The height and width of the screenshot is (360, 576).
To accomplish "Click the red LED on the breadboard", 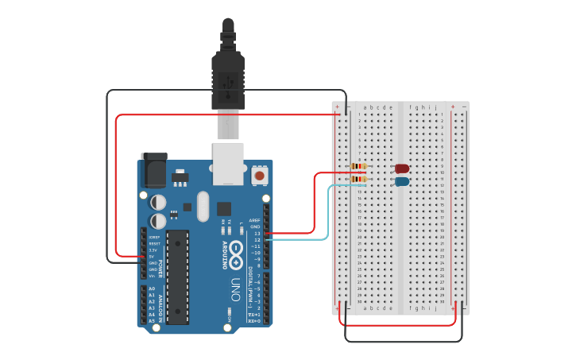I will pyautogui.click(x=402, y=168).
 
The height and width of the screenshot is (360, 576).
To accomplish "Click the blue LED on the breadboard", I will pyautogui.click(x=402, y=181).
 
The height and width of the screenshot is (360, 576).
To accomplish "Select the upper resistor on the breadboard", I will pyautogui.click(x=358, y=166).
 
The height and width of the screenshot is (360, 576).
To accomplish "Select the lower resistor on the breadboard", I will pyautogui.click(x=358, y=179).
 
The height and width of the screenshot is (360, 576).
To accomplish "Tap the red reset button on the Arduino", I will pyautogui.click(x=259, y=175).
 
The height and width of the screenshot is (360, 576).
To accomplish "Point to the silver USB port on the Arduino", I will pyautogui.click(x=228, y=163).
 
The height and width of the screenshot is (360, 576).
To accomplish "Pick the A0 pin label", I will pyautogui.click(x=152, y=288).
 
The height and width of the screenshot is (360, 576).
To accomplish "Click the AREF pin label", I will pyautogui.click(x=254, y=221).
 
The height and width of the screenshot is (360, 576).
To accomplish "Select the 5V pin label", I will pyautogui.click(x=152, y=257).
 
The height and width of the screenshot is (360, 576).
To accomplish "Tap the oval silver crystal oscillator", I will pyautogui.click(x=203, y=206).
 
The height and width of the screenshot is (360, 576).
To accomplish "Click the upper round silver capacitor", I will pyautogui.click(x=159, y=203).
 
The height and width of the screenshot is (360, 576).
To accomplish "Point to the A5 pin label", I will pyautogui.click(x=152, y=320).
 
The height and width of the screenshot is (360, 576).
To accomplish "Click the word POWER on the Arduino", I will pyautogui.click(x=160, y=268).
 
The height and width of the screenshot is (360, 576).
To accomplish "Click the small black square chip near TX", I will pyautogui.click(x=225, y=209).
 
